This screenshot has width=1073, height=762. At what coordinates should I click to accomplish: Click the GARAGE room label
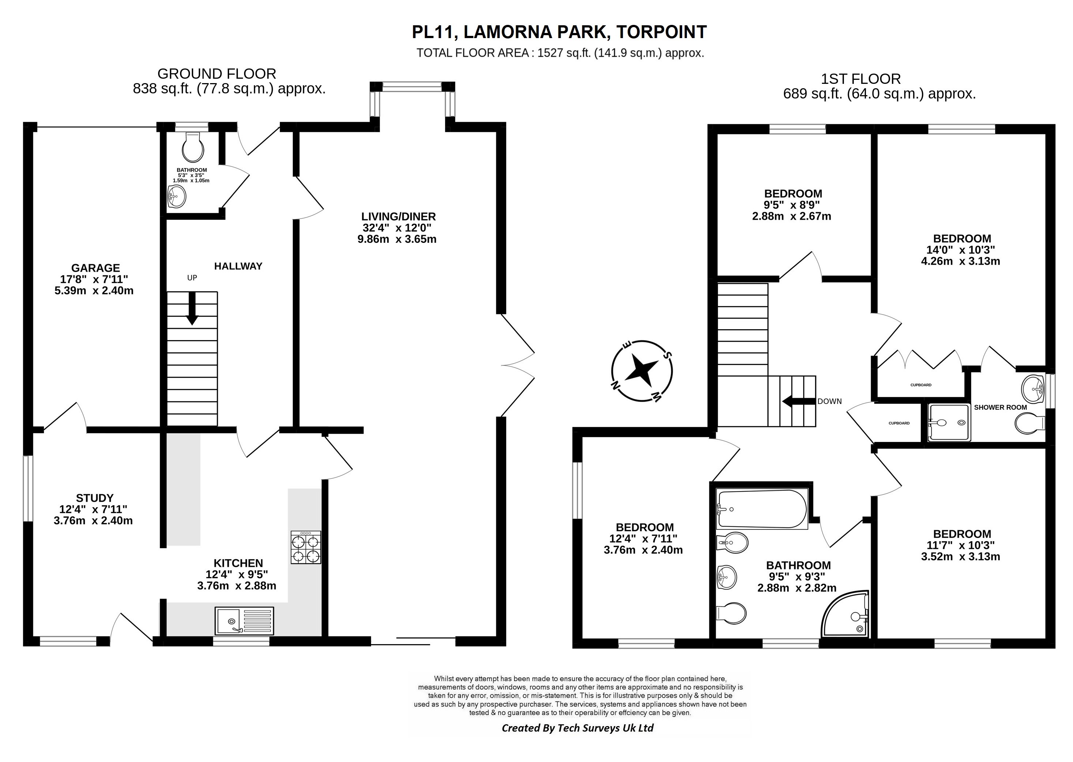pyautogui.click(x=96, y=268)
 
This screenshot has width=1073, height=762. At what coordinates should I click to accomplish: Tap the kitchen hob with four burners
pyautogui.click(x=306, y=547)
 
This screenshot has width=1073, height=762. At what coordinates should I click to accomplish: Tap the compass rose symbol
pyautogui.click(x=642, y=371)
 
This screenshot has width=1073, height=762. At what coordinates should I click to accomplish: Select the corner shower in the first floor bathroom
pyautogui.click(x=846, y=614)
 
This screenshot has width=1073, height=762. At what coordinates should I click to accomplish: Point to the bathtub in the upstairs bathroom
pyautogui.click(x=762, y=509)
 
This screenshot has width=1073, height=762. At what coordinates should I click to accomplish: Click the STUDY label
pyautogui.click(x=95, y=498)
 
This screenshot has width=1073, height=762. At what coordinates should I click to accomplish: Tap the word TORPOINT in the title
pyautogui.click(x=661, y=32)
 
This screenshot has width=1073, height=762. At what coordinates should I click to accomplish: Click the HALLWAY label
pyautogui.click(x=238, y=266)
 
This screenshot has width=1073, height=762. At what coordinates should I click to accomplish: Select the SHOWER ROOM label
pyautogui.click(x=1000, y=407)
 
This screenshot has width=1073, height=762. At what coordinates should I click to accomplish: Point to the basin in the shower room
pyautogui.click(x=1033, y=389)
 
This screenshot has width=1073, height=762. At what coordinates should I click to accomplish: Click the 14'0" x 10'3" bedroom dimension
pyautogui.click(x=960, y=250)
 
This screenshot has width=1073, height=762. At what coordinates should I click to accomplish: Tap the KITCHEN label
pyautogui.click(x=238, y=563)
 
